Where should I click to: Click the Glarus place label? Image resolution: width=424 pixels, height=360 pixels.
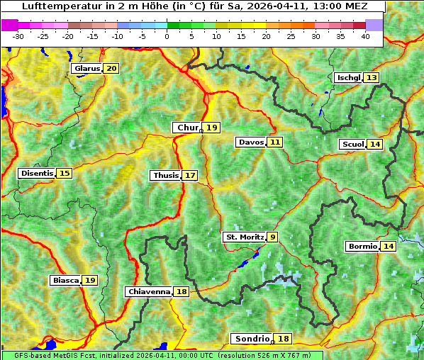[87, 69]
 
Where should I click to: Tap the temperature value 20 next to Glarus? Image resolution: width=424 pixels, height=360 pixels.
[111, 69]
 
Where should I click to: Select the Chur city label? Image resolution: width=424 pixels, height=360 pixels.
[187, 128]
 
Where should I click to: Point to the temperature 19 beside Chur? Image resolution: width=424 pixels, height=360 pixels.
[213, 128]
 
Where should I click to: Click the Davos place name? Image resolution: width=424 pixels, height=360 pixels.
[251, 142]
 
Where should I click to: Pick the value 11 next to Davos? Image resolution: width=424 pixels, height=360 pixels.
[275, 142]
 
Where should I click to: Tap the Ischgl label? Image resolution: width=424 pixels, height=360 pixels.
[348, 77]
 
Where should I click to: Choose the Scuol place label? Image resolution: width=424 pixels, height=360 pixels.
[352, 145]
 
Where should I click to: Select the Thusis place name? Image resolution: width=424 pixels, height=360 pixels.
[165, 175]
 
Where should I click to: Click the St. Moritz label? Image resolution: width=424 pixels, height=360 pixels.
[244, 237]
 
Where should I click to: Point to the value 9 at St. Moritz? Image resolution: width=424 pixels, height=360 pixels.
[273, 237]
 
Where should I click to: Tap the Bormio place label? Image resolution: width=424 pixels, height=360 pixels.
[362, 247]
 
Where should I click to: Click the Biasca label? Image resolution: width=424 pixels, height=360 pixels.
[65, 281]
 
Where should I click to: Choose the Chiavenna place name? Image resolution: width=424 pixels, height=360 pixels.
[149, 291]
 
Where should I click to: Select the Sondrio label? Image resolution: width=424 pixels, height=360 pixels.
[252, 339]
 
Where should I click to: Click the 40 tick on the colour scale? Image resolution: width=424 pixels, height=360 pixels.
[365, 35]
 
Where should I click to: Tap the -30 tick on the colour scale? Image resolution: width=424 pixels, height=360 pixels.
[18, 35]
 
